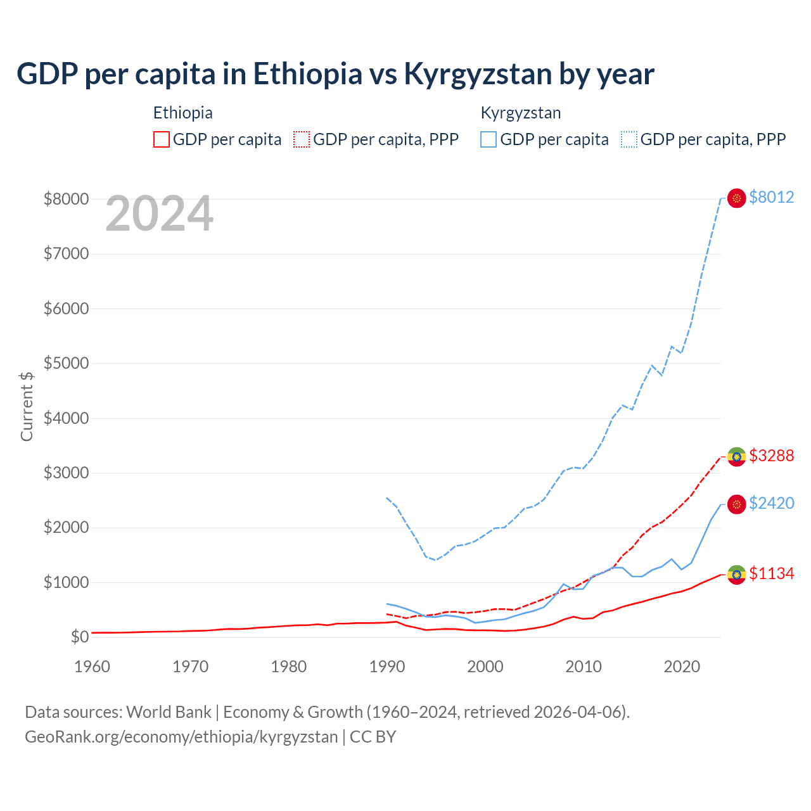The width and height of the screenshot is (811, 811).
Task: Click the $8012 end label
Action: (x=771, y=197)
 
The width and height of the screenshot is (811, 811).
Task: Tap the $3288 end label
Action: (x=771, y=456)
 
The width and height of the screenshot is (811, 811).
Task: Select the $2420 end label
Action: (x=771, y=503)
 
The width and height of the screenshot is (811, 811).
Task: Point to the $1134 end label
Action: (x=771, y=573)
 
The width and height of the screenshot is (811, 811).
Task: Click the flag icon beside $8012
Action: (x=736, y=198)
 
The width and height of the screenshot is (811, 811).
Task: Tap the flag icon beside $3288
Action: (x=736, y=456)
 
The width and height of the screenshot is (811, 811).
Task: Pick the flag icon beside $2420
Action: (x=736, y=504)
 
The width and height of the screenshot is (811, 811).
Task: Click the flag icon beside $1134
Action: (x=736, y=575)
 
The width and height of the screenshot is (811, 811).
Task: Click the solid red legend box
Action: (x=162, y=139)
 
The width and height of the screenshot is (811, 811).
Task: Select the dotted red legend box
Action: (x=302, y=139)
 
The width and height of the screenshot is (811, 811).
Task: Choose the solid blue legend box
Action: (x=489, y=139)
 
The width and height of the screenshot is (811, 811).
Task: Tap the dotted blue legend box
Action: (x=629, y=139)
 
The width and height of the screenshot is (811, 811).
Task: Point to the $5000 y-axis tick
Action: (x=66, y=364)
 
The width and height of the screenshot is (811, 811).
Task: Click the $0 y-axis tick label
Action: (x=79, y=637)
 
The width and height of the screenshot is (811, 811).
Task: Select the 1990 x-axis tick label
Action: (x=387, y=667)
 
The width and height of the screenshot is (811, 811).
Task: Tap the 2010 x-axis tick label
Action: (x=584, y=667)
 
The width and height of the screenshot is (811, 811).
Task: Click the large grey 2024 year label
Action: (x=159, y=214)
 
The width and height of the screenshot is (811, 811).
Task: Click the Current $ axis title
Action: (x=27, y=406)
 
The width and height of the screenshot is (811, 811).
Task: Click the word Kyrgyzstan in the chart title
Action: (x=478, y=74)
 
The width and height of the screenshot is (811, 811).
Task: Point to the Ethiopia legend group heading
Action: (x=182, y=113)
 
